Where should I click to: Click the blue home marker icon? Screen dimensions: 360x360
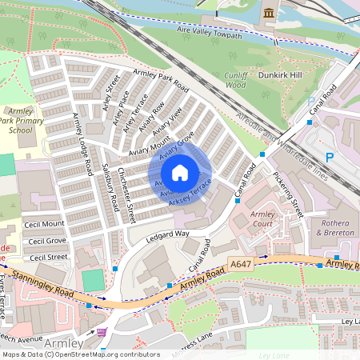click(180, 173)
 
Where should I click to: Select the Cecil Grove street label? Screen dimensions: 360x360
click(46, 240)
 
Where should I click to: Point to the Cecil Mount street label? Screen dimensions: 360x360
click(44, 224)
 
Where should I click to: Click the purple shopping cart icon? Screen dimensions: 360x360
click(102, 331)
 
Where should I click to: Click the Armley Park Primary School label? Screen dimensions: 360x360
click(20, 118)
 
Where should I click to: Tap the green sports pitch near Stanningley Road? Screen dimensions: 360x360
click(94, 280)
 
